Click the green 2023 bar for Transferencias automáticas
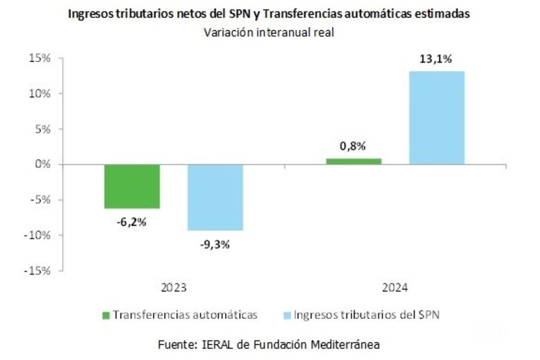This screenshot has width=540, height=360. click(x=132, y=186)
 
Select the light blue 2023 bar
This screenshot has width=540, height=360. click(x=215, y=197)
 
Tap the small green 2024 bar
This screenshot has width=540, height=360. click(x=353, y=161)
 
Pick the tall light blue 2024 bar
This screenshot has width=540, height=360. click(x=436, y=118)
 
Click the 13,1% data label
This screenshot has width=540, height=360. click(x=436, y=60)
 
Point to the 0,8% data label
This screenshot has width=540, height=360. click(x=353, y=146)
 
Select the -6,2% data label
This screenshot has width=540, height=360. click(x=132, y=222)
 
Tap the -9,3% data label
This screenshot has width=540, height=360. click(x=215, y=244)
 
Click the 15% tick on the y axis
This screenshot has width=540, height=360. click(x=39, y=58)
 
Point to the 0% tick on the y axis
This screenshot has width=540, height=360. click(x=42, y=164)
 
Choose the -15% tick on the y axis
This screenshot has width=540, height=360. click(x=37, y=271)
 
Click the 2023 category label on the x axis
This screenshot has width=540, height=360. click(x=173, y=289)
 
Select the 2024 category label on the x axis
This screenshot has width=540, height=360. click(x=395, y=289)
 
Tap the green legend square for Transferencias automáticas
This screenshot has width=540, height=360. click(x=106, y=315)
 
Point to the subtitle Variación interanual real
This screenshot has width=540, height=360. click(x=269, y=34)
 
